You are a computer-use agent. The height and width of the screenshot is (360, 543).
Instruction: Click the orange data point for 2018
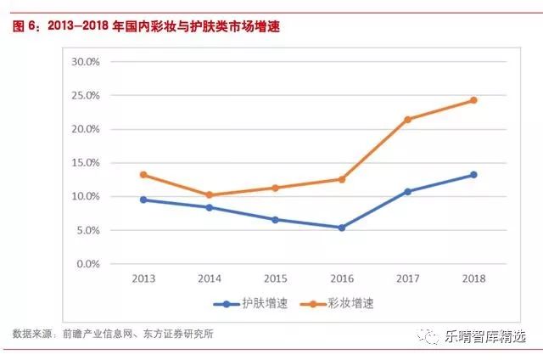coord(473,100)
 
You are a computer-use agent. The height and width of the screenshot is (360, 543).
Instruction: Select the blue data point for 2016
coord(342,228)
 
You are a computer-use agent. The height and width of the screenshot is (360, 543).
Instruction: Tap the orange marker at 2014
coord(210,195)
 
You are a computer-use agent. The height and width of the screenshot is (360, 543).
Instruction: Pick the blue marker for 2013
coord(143,200)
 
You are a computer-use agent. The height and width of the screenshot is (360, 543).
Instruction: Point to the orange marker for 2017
coord(408,120)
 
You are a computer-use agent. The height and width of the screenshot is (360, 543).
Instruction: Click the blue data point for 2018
coord(473,175)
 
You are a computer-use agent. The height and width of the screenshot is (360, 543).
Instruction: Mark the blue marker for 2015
coord(276,220)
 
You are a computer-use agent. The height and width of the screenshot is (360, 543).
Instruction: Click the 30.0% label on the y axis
coord(87,62)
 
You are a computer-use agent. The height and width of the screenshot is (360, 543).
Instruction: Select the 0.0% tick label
coord(89,264)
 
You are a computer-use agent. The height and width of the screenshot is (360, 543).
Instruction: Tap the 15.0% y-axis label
coord(87,163)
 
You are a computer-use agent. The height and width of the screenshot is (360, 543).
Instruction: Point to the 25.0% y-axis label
coord(87,96)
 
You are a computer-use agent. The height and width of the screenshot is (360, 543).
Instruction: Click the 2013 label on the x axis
coord(143,278)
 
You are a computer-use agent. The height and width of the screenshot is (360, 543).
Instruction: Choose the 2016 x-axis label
coord(342,278)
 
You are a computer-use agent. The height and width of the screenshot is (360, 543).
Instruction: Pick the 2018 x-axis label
coord(473,278)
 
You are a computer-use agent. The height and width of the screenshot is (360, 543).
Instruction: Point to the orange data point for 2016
coord(342,179)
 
